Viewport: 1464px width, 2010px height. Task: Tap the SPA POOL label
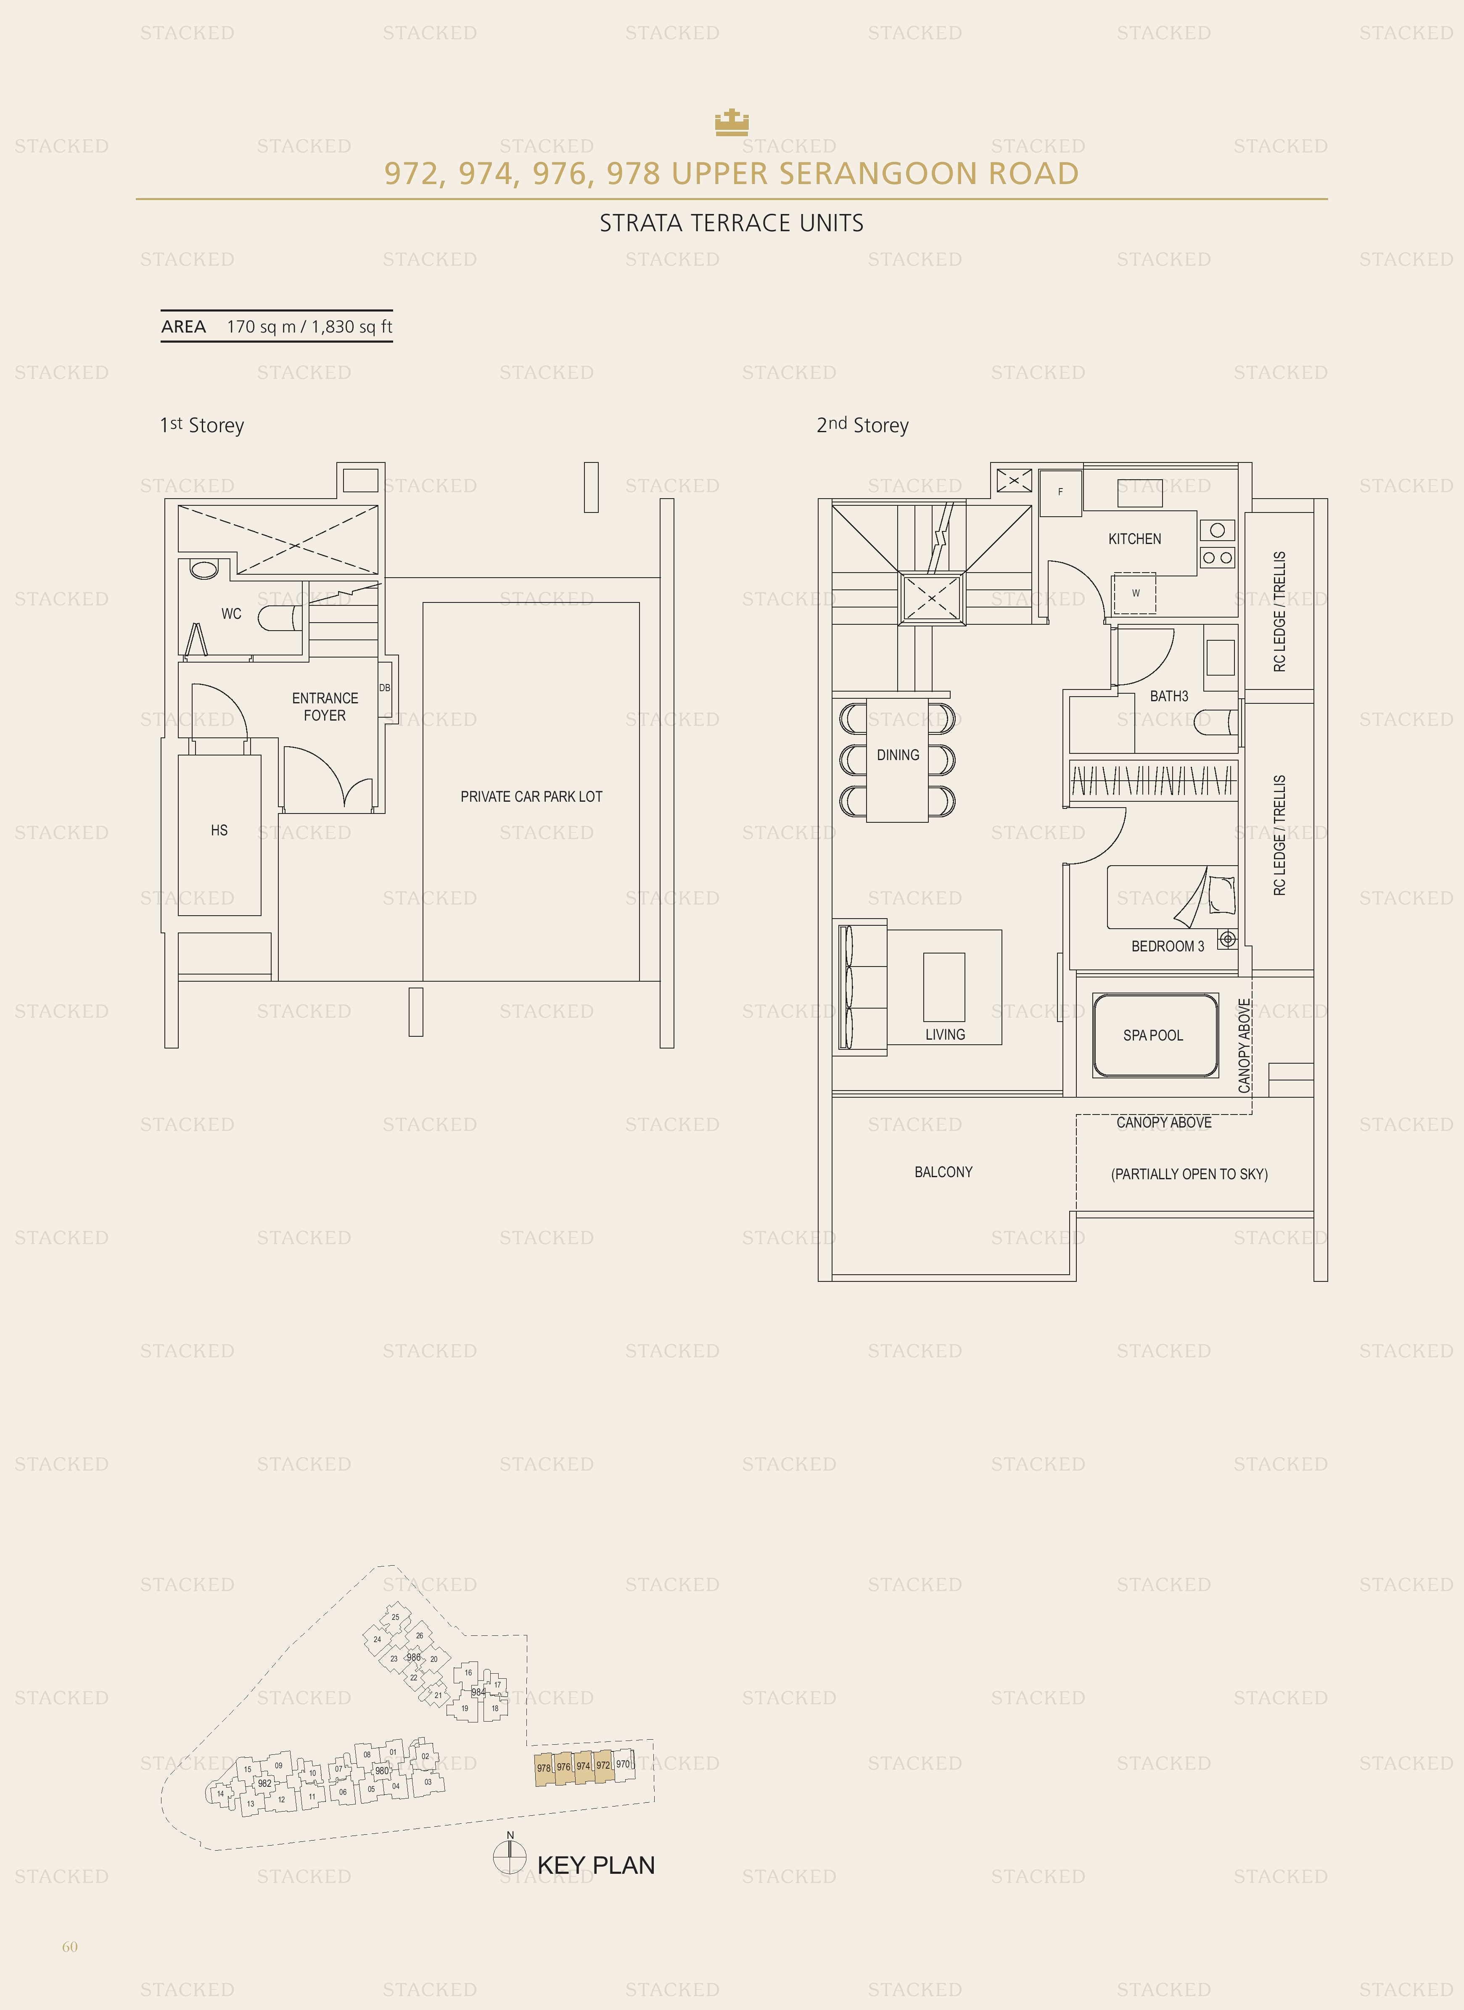(x=1153, y=1035)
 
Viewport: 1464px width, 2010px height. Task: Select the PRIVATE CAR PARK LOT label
(x=531, y=797)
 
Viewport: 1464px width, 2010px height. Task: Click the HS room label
(x=219, y=830)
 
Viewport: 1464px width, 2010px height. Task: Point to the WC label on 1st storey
(x=231, y=613)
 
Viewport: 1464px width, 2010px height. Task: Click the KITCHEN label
(x=1134, y=539)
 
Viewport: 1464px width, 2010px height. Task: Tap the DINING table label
(x=898, y=755)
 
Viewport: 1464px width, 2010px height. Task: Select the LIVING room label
(x=945, y=1034)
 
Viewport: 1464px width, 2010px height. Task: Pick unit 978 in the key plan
(x=543, y=1768)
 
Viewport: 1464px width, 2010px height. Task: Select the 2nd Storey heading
(x=862, y=425)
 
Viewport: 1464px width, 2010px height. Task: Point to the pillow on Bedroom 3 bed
(x=1221, y=895)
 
